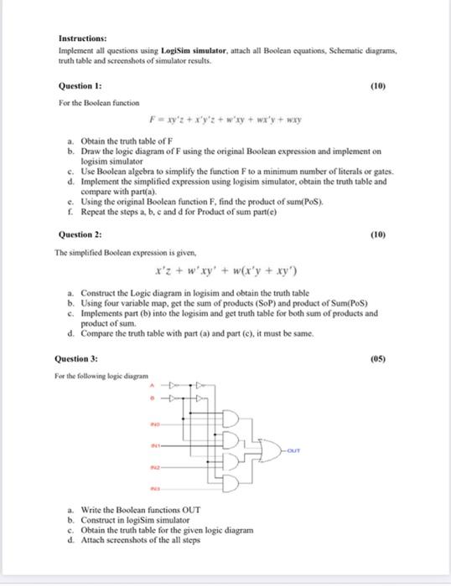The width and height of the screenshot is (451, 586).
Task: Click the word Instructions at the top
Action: (x=82, y=39)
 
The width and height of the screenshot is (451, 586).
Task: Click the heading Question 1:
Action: (x=80, y=85)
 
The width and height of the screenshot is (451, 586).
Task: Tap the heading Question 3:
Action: (x=78, y=358)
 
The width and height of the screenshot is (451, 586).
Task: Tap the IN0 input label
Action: (x=155, y=424)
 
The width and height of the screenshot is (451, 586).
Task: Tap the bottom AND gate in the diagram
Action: (x=227, y=481)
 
